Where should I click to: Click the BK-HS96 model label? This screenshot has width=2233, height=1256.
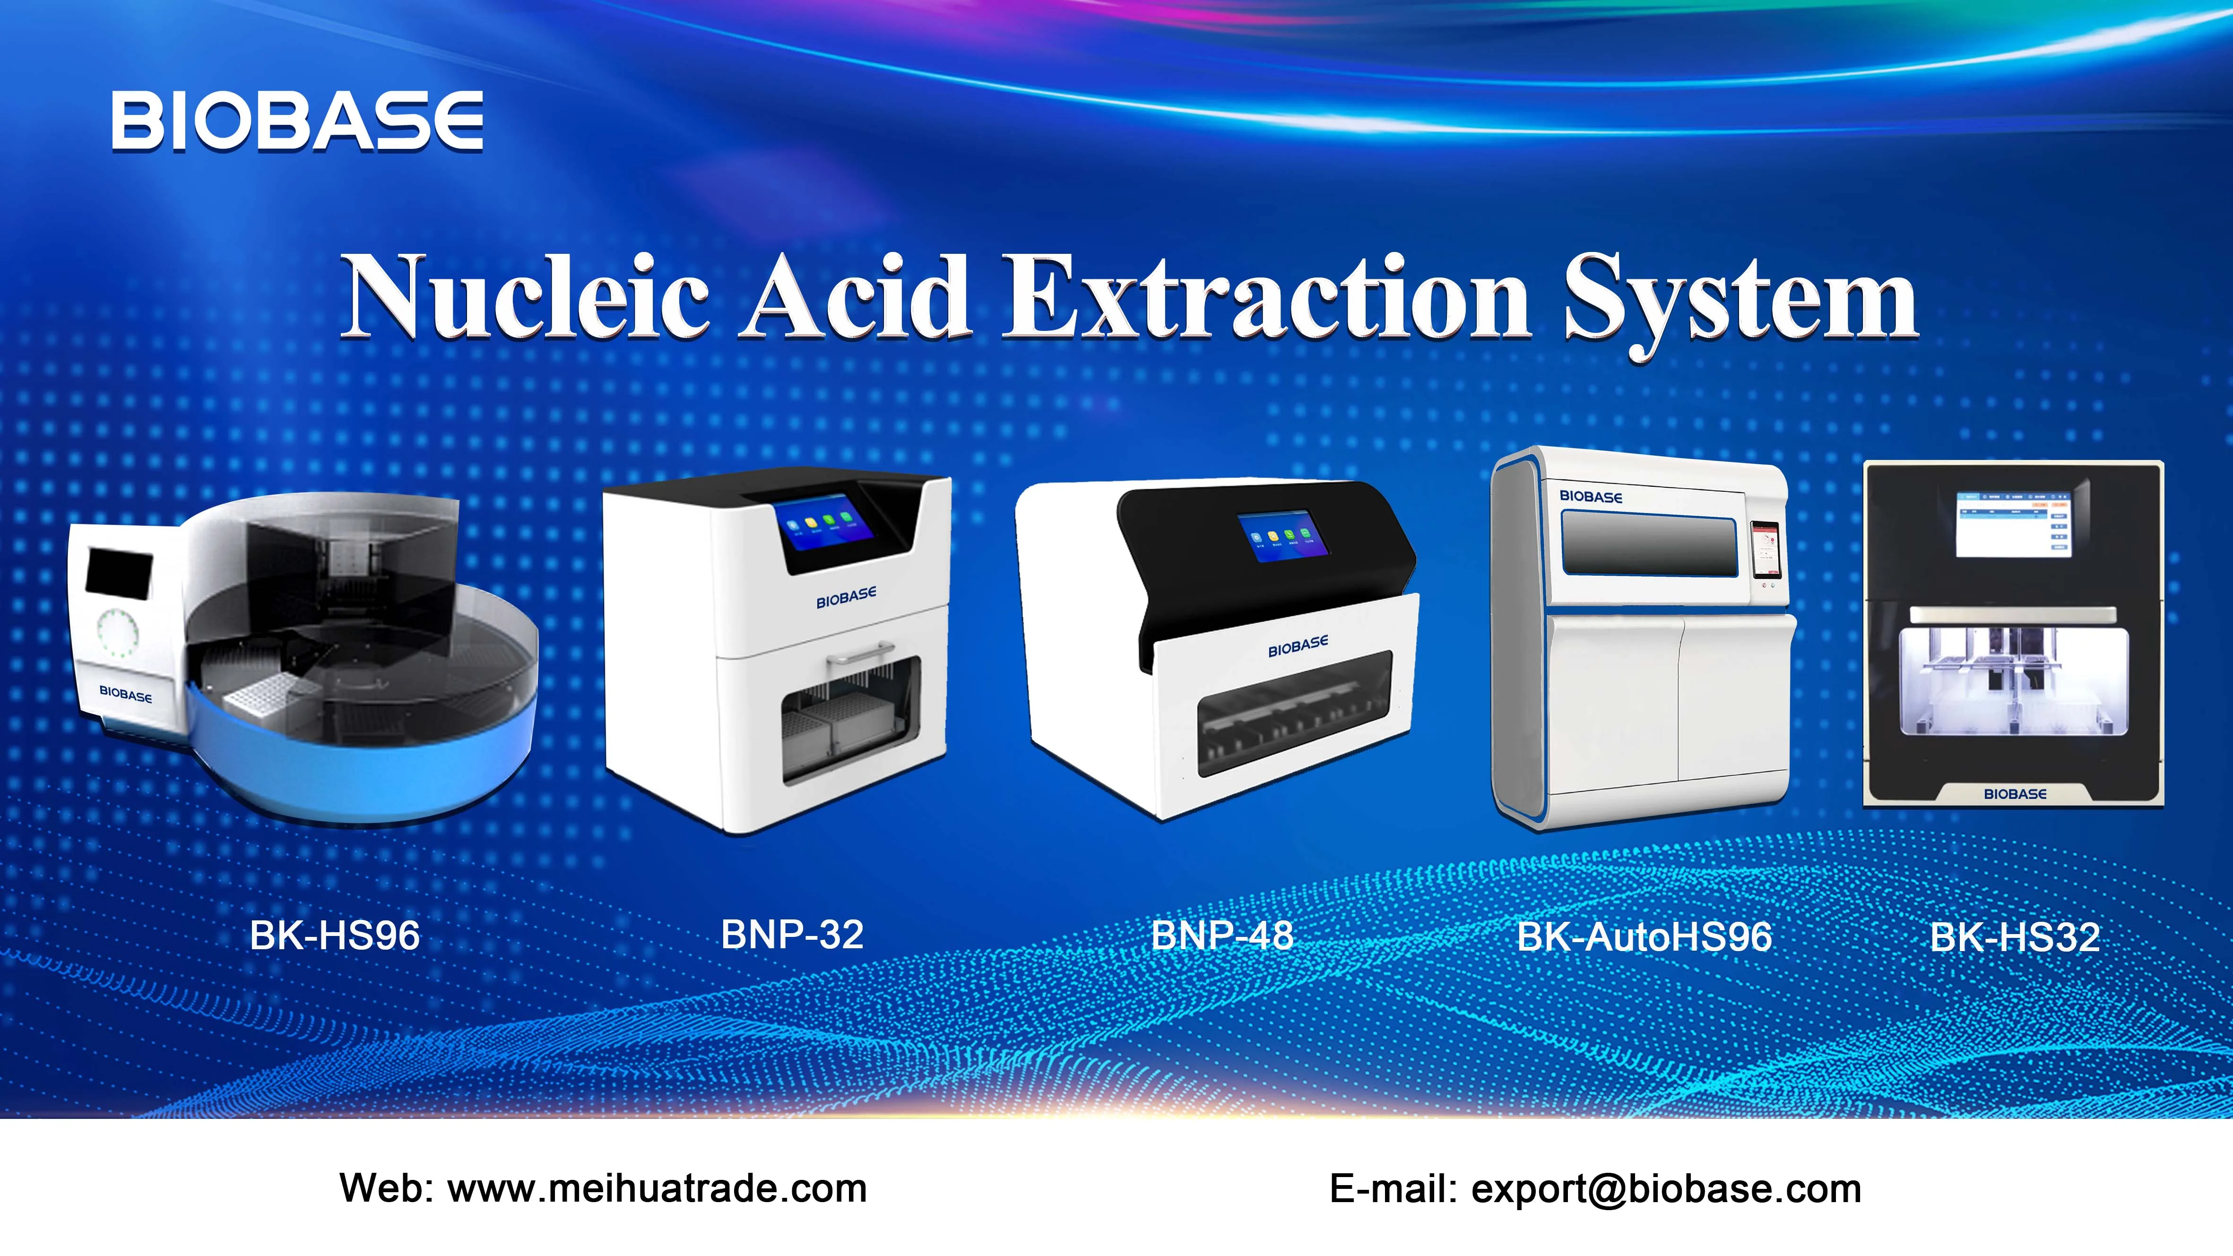(335, 936)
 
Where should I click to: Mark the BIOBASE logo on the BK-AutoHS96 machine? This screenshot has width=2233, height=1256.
(1591, 497)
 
